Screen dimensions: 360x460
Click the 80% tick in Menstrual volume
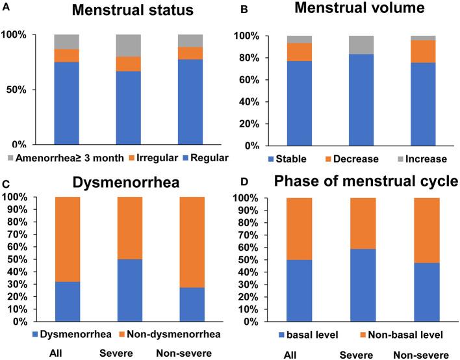pos(251,58)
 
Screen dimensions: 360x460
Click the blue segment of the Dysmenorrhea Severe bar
pos(130,290)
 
